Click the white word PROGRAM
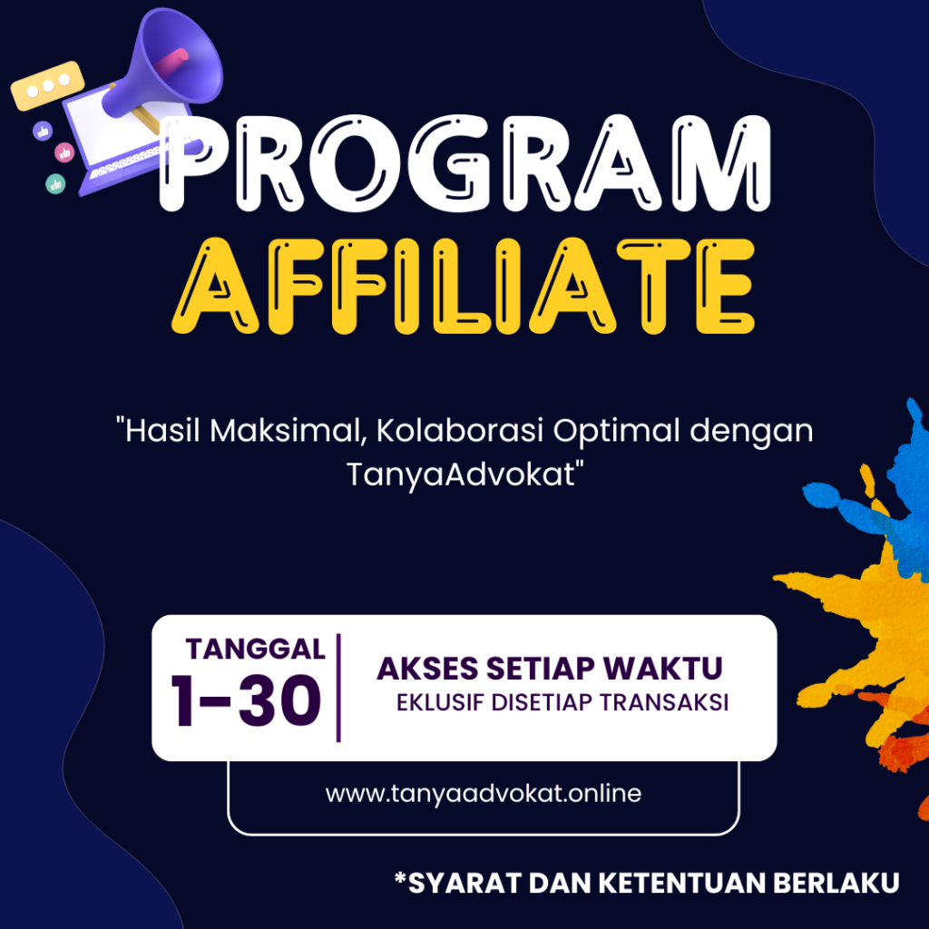465,163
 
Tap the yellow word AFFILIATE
464,286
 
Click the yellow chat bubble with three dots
47,86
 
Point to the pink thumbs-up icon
64,152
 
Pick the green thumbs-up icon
55,184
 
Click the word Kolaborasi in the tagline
460,430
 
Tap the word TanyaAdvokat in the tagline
461,474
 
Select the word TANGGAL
255,649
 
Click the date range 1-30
246,701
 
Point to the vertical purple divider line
338,688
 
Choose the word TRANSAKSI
663,702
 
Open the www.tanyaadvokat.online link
483,793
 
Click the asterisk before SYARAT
401,877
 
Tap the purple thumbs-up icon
43,131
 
